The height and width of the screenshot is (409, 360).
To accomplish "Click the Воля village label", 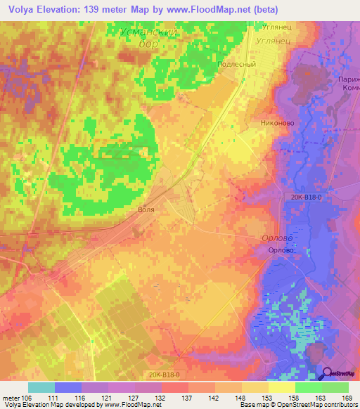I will (x=146, y=209).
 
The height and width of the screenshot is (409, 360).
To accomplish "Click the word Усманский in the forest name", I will (x=148, y=32).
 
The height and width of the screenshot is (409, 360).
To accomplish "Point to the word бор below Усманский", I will (x=148, y=44).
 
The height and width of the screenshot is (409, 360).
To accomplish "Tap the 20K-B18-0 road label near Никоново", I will (x=304, y=198).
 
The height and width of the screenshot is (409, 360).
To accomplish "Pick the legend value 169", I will (x=347, y=397).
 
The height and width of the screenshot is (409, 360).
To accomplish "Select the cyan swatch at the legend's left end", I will (x=41, y=387).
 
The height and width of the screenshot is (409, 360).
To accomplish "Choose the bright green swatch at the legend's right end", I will (x=335, y=387).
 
